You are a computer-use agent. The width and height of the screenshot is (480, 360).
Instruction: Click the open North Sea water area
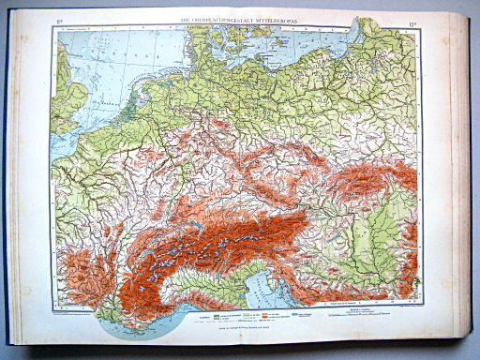(x=103, y=61)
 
